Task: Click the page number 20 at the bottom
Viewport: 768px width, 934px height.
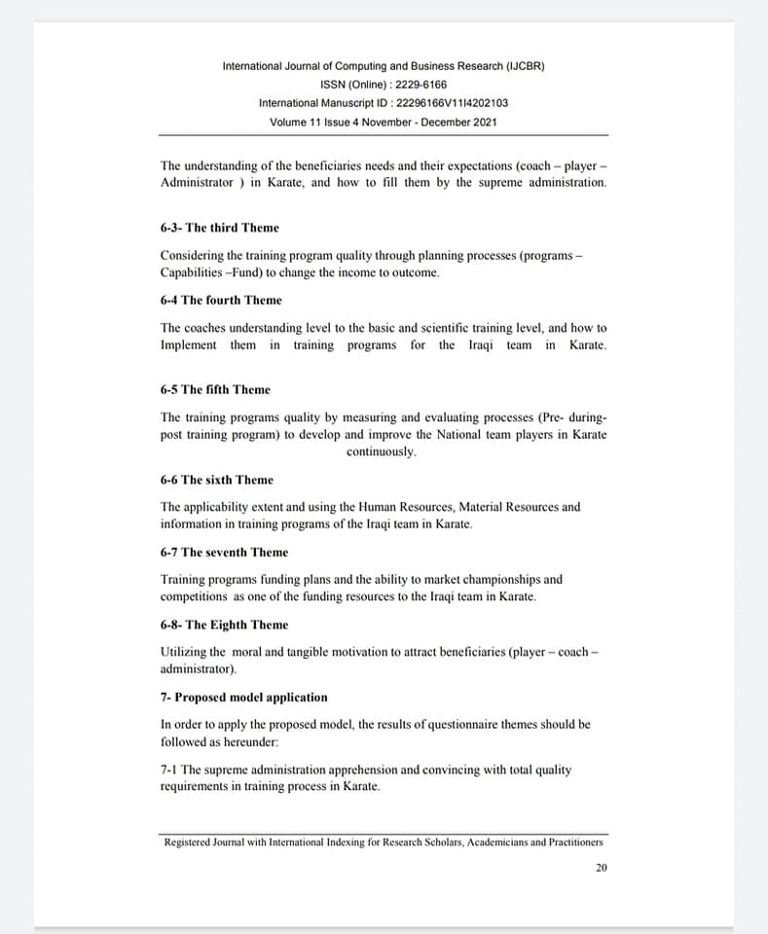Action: click(602, 868)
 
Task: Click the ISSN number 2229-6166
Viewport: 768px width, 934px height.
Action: click(421, 85)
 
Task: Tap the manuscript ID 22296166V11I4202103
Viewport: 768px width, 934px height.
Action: click(446, 103)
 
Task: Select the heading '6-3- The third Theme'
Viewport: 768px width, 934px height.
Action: click(219, 228)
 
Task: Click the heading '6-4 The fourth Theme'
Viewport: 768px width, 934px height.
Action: click(221, 300)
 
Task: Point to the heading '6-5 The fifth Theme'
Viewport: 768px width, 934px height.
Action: click(215, 389)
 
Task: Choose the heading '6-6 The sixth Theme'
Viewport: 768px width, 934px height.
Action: click(217, 480)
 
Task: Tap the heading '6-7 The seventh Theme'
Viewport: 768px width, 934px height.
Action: click(224, 552)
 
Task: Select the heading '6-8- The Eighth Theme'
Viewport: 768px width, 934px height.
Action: click(224, 625)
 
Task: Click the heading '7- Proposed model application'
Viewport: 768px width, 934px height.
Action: click(243, 697)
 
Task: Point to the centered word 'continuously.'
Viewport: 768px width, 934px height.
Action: click(382, 452)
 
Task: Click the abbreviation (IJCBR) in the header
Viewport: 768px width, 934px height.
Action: click(526, 66)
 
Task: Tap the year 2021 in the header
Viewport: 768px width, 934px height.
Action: click(485, 122)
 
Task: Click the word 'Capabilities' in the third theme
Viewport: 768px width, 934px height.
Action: click(192, 272)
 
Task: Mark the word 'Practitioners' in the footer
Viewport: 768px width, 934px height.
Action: click(573, 843)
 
